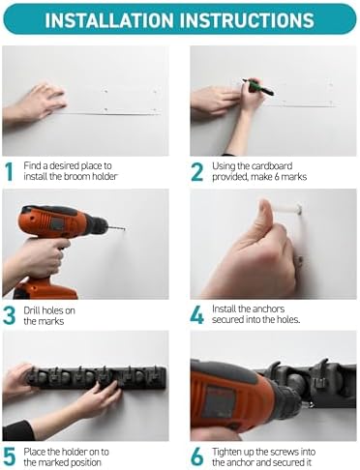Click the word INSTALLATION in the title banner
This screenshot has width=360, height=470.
click(109, 20)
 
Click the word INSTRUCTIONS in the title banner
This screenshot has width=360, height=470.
click(247, 20)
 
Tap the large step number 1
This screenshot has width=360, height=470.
click(10, 171)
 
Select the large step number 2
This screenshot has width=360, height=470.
click(197, 171)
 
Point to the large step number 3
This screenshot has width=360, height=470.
click(10, 315)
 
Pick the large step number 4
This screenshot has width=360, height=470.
click(196, 314)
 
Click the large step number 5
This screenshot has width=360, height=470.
click(10, 456)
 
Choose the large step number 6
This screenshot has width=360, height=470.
click(197, 456)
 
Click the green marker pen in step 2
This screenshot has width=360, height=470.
click(258, 87)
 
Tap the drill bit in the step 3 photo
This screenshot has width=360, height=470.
click(116, 228)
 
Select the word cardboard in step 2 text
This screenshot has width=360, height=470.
click(272, 166)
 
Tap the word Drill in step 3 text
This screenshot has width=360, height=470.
click(31, 310)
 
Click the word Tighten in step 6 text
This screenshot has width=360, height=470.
click(227, 453)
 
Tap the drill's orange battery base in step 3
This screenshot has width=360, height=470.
click(45, 288)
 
